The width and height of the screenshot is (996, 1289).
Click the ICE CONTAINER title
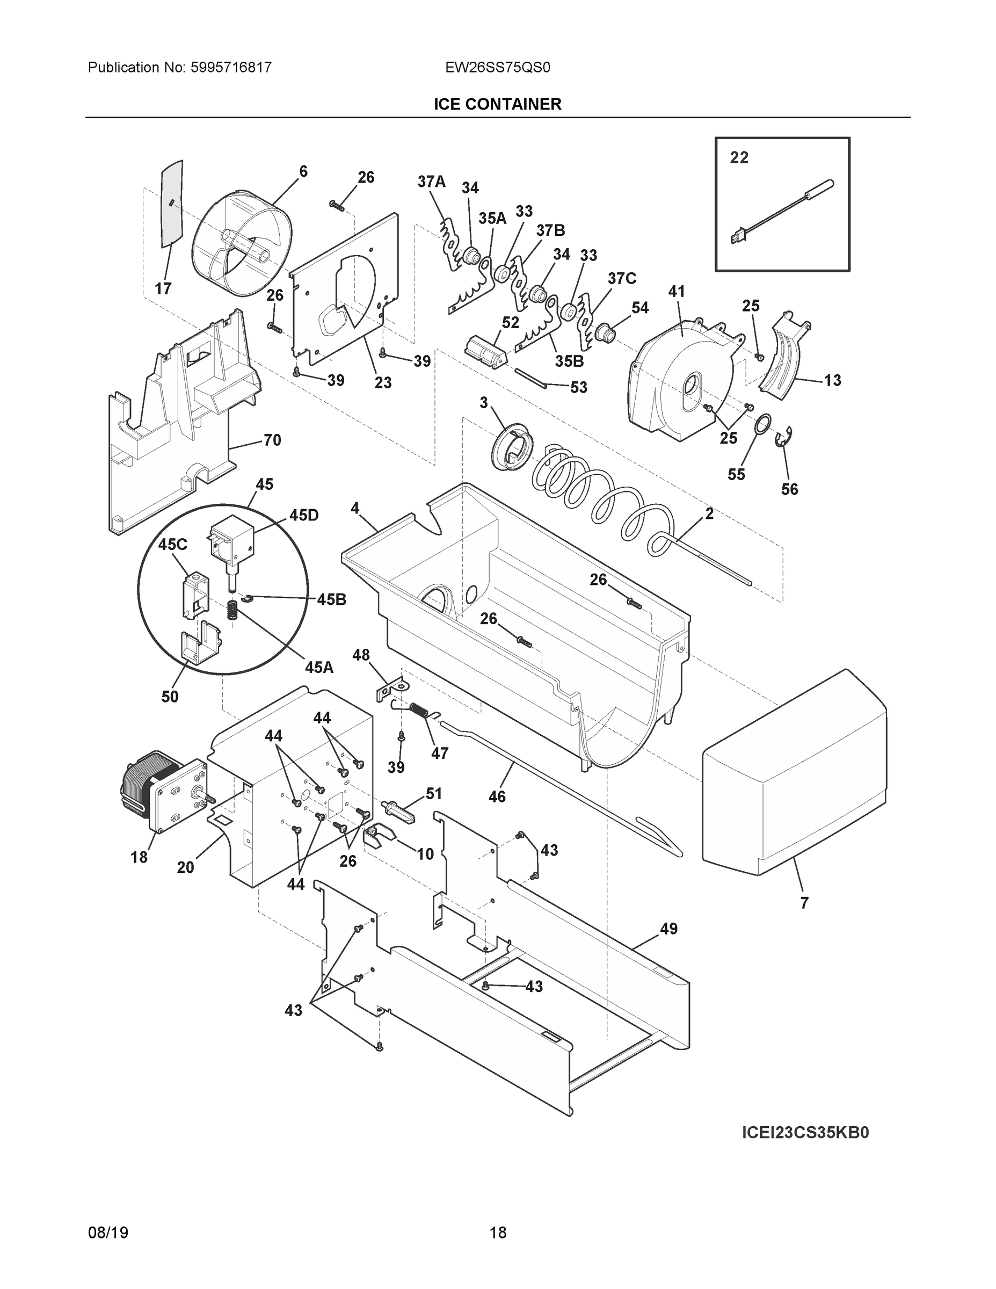pyautogui.click(x=497, y=105)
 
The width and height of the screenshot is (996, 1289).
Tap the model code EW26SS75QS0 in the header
pyautogui.click(x=497, y=68)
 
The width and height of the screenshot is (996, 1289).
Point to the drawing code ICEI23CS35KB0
pyautogui.click(x=805, y=1133)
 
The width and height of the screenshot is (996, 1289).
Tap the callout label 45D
pyautogui.click(x=304, y=515)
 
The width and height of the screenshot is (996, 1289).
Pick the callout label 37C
pyautogui.click(x=622, y=278)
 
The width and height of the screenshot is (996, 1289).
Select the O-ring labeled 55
pyautogui.click(x=762, y=423)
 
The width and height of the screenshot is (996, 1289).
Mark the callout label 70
pyautogui.click(x=272, y=440)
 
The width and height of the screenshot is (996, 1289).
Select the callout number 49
pyautogui.click(x=668, y=929)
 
